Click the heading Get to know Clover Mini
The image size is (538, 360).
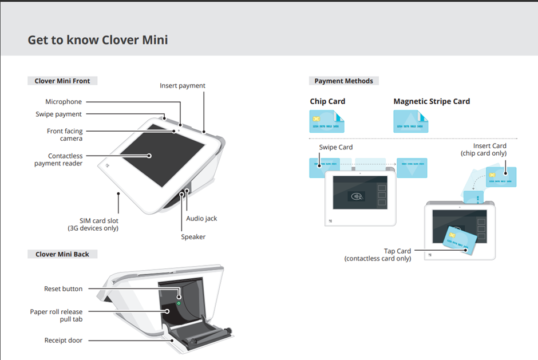pyautogui.click(x=98, y=40)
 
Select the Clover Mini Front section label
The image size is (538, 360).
pyautogui.click(x=62, y=81)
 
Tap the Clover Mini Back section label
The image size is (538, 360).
pyautogui.click(x=62, y=254)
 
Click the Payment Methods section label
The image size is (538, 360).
pyautogui.click(x=343, y=81)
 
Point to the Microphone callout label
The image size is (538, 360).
pyautogui.click(x=64, y=102)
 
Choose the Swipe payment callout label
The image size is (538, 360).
pyautogui.click(x=58, y=114)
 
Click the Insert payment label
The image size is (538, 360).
pyautogui.click(x=183, y=86)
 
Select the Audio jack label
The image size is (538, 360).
pyautogui.click(x=201, y=219)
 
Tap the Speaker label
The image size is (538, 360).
pyautogui.click(x=193, y=237)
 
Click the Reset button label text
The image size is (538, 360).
pyautogui.click(x=63, y=289)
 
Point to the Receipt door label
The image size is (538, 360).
pyautogui.click(x=64, y=341)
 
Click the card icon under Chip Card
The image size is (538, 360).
pyautogui.click(x=327, y=122)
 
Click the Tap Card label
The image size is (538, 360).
pyautogui.click(x=397, y=251)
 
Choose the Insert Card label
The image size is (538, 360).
pyautogui.click(x=489, y=146)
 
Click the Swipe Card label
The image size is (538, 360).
pyautogui.click(x=336, y=147)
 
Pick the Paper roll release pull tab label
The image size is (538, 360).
pyautogui.click(x=56, y=315)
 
